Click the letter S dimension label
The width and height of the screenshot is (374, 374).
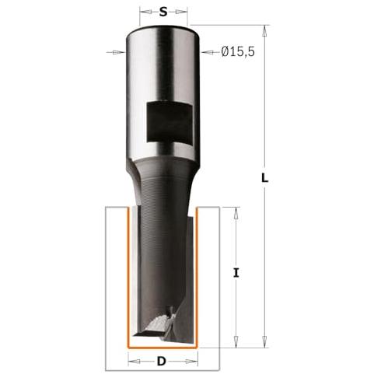[163, 12]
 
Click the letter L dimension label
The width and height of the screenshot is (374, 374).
[264, 178]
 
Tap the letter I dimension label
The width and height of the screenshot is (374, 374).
[236, 273]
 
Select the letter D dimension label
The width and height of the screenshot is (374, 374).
[161, 361]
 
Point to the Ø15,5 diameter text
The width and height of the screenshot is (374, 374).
[238, 52]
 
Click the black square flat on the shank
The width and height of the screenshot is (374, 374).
[170, 122]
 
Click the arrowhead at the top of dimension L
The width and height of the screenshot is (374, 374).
[264, 31]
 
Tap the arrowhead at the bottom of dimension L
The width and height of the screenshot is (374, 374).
[264, 341]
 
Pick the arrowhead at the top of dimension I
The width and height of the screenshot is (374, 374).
[236, 213]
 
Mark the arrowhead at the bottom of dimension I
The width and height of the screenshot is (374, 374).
[236, 341]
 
